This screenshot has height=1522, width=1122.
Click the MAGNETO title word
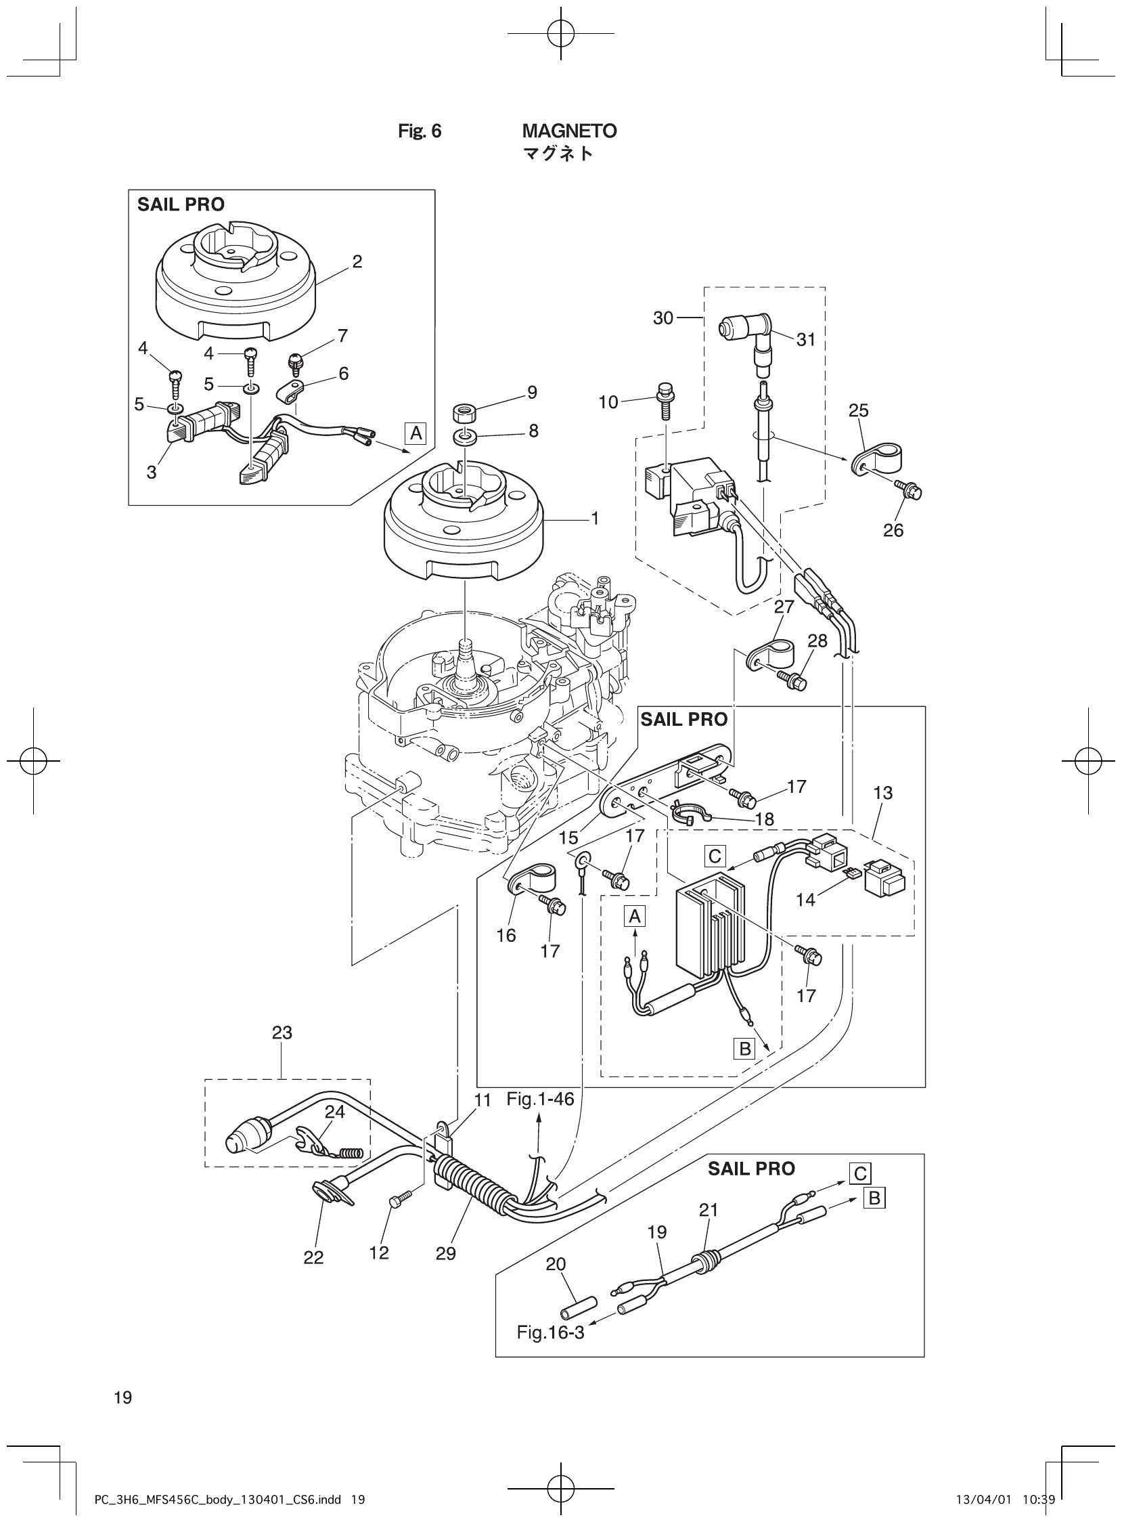[x=569, y=131]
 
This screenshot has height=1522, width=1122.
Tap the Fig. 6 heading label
[x=419, y=131]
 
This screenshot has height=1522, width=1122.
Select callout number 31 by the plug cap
[x=805, y=339]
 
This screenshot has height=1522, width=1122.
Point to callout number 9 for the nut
[x=532, y=392]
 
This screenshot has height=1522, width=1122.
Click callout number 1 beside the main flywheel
[x=594, y=519]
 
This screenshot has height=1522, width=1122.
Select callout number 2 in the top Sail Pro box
[x=357, y=261]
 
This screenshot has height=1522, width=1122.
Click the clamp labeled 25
[x=875, y=456]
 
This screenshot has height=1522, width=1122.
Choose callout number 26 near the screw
[x=893, y=530]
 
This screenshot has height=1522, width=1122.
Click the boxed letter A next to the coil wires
[x=416, y=433]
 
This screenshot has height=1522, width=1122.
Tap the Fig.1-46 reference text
[x=540, y=1099]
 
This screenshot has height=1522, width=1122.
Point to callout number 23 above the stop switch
[x=282, y=1032]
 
